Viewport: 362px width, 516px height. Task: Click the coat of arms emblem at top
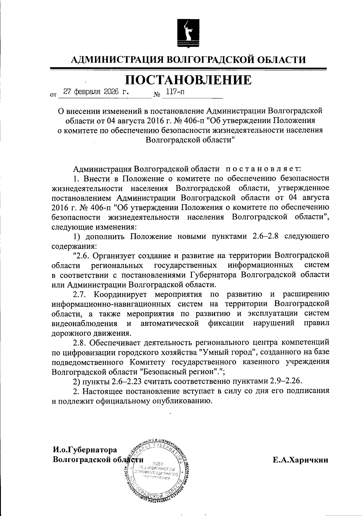(x=187, y=32)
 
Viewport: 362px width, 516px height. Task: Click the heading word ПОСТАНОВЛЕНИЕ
(x=188, y=80)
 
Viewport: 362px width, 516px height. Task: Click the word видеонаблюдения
(x=85, y=323)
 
